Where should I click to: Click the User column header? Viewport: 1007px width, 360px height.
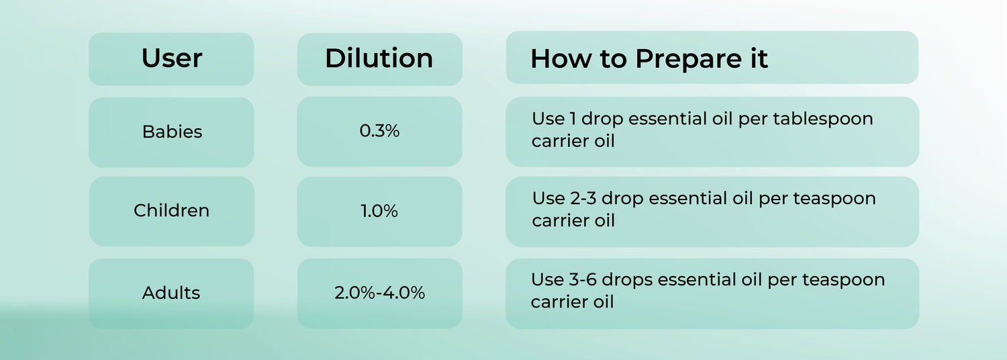tap(171, 58)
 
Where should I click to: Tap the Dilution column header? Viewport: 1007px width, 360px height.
tap(379, 58)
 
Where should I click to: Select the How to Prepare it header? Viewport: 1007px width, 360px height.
tap(649, 58)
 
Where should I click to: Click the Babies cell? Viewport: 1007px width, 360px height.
tap(172, 132)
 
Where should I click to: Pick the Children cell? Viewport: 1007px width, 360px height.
tap(171, 211)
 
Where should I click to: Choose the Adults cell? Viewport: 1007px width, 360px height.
tap(171, 293)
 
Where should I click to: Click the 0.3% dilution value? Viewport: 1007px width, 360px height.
tap(379, 131)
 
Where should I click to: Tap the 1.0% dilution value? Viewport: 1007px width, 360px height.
tap(379, 211)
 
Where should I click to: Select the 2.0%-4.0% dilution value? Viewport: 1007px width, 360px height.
tap(379, 293)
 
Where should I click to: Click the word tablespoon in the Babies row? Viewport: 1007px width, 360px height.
tap(823, 120)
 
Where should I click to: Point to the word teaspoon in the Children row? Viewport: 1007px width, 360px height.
tap(834, 199)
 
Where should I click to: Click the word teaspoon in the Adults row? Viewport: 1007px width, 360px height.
tap(844, 280)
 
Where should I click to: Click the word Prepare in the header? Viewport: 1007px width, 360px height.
tap(689, 59)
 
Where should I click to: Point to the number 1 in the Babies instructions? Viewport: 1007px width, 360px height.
tap(573, 119)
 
